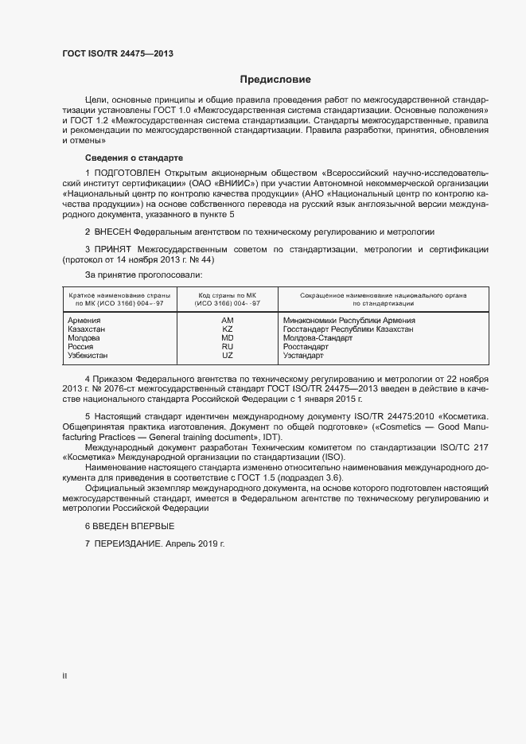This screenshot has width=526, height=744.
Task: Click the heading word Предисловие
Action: click(275, 80)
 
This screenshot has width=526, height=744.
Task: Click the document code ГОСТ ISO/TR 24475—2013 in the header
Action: click(117, 54)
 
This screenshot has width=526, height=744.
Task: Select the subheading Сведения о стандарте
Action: click(134, 158)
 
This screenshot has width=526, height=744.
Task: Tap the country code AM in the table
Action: click(227, 321)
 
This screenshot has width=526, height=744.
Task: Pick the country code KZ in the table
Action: click(227, 329)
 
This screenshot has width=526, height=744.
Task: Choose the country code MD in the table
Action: click(227, 338)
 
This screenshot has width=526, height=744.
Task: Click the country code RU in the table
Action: click(227, 347)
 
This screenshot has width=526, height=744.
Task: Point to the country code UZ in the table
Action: click(227, 356)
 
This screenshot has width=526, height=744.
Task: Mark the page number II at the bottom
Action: click(64, 676)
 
